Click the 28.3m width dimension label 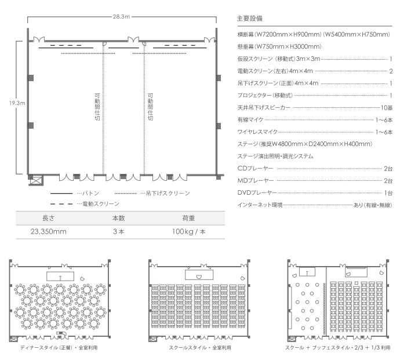click(x=121, y=17)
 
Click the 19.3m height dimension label click(x=17, y=103)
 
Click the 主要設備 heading click(x=249, y=19)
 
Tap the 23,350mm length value click(x=49, y=231)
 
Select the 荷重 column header click(x=188, y=218)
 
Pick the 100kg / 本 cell click(x=189, y=231)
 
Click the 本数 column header click(x=118, y=218)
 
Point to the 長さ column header click(x=49, y=218)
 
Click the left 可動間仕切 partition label click(x=97, y=107)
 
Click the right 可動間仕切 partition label click(x=150, y=107)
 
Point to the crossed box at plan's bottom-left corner click(x=36, y=180)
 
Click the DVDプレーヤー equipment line click(x=315, y=193)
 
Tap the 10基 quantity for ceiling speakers click(x=387, y=108)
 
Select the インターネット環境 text click(x=260, y=205)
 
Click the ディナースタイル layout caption click(x=59, y=348)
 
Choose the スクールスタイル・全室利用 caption click(x=200, y=348)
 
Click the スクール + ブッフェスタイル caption click(x=337, y=348)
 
